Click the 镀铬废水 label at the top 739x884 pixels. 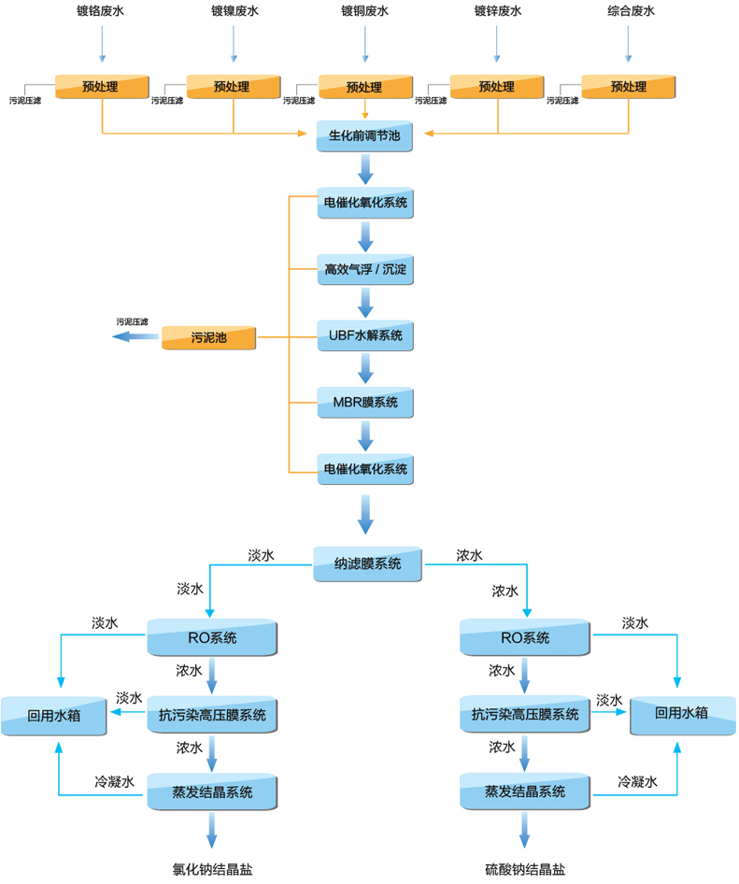[102, 11]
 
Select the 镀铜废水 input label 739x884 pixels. [365, 11]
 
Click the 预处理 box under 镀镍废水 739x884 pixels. [234, 87]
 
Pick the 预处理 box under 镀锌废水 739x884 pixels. [497, 87]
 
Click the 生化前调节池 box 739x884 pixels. [365, 136]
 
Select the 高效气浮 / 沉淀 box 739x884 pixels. [365, 271]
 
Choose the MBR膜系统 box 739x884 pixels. [365, 403]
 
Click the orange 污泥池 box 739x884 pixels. [208, 337]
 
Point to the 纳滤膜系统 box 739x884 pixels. [368, 564]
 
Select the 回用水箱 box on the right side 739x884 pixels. [682, 714]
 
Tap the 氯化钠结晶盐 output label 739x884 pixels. [213, 868]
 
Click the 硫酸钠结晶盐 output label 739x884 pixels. [525, 868]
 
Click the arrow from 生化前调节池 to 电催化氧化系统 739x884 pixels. [365, 170]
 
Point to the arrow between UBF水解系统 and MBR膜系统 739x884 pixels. [365, 369]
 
